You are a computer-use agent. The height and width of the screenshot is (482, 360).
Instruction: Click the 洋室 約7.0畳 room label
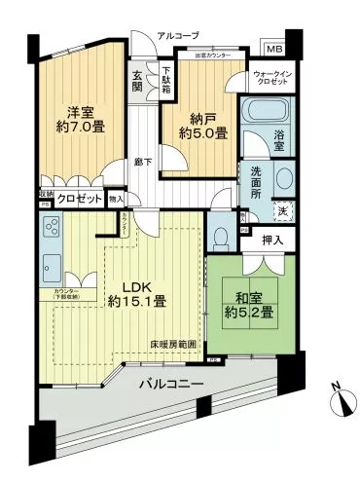coord(81,118)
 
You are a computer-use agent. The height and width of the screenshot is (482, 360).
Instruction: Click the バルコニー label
coord(170,385)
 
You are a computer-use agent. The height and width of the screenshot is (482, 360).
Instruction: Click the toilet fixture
coord(221,236)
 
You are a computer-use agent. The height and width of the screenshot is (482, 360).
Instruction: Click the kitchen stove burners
coord(48,232)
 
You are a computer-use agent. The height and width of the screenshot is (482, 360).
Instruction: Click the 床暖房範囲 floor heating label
coord(173,344)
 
